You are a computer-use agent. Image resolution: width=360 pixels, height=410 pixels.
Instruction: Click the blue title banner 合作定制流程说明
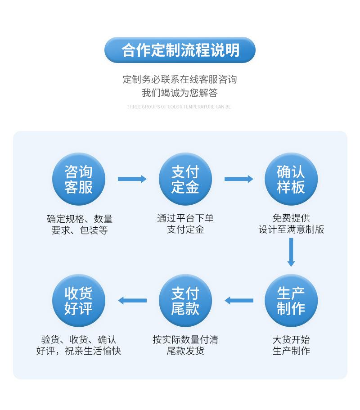180,50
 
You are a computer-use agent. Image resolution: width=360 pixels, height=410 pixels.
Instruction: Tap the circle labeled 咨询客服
79,179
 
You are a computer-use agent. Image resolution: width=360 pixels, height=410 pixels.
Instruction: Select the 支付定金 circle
185,179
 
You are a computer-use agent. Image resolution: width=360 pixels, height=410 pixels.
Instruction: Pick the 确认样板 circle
291,179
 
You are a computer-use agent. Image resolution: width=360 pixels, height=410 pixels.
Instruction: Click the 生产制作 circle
291,301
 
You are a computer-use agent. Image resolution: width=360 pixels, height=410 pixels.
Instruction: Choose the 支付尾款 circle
185,301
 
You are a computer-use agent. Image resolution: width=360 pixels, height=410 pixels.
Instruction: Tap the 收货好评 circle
79,301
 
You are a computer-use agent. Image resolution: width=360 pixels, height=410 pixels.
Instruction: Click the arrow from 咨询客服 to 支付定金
132,179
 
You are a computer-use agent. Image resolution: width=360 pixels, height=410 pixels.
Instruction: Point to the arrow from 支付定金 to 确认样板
238,179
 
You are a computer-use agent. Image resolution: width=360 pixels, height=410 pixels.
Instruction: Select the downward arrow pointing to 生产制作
291,252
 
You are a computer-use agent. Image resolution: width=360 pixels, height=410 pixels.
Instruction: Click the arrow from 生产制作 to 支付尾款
238,301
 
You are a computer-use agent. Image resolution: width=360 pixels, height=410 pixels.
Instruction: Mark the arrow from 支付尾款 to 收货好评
132,301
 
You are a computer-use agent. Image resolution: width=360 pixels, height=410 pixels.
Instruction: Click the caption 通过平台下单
185,218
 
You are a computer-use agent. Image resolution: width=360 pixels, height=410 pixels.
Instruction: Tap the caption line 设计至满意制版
291,230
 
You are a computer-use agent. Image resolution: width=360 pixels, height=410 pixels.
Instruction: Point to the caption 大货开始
291,339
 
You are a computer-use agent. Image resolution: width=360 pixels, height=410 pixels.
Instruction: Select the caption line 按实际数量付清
185,339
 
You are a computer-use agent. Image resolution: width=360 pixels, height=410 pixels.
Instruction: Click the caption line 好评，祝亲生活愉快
79,351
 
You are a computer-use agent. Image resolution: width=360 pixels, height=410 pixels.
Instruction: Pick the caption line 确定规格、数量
80,219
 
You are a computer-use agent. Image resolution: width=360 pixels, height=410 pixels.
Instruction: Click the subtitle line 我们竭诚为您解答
180,93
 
